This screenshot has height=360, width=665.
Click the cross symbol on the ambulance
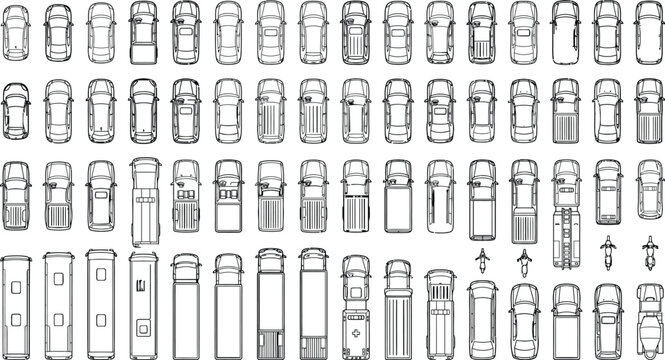point(357,327)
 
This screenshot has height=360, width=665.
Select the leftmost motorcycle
point(481,263)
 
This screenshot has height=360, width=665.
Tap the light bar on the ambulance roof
point(357,267)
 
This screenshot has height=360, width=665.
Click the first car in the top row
point(17,30)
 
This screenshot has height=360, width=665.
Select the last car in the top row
point(649,30)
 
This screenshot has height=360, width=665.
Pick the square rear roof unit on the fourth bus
point(143,319)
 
